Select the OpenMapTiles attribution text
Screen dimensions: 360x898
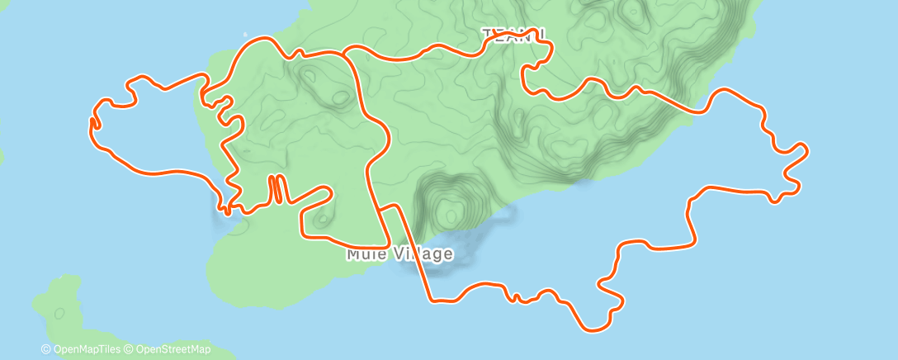(x=87, y=349)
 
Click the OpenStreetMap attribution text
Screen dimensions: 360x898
(x=173, y=349)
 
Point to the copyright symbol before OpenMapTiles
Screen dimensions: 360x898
(x=46, y=349)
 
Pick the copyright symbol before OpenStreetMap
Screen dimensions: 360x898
(x=130, y=349)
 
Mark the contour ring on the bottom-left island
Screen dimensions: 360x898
(x=59, y=313)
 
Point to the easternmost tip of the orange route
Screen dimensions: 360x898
(x=806, y=150)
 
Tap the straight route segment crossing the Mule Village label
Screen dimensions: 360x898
(x=414, y=253)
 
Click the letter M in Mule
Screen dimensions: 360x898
(x=352, y=253)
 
